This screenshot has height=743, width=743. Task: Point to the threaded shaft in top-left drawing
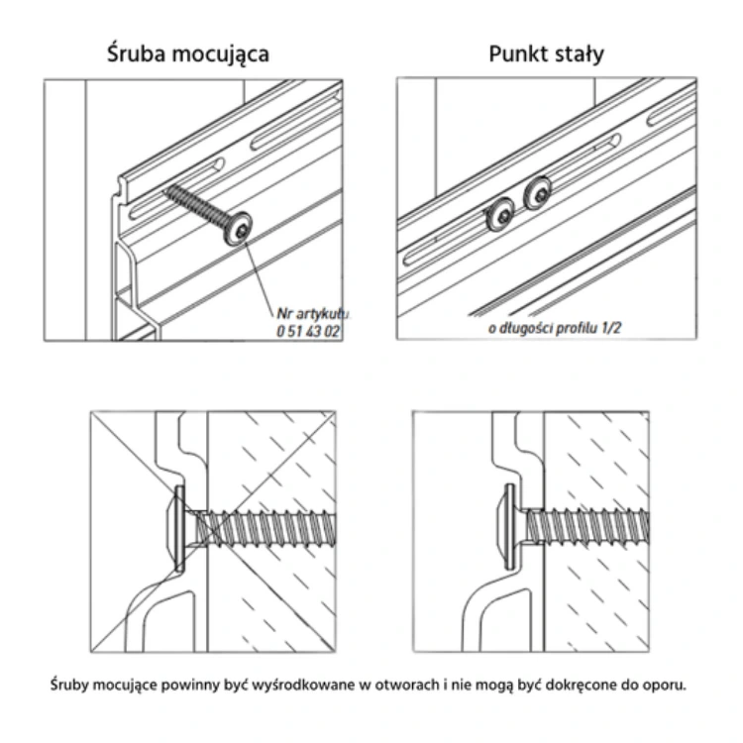tap(197, 202)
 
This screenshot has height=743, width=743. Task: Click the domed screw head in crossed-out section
tap(176, 526)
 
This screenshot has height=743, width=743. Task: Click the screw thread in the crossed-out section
tap(267, 526)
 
